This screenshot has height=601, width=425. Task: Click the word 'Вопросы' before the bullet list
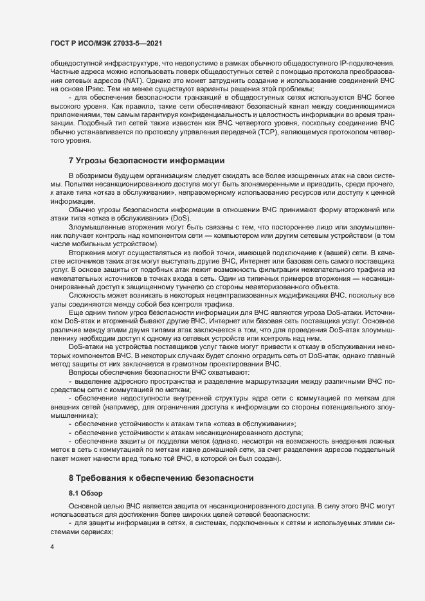click(x=84, y=372)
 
